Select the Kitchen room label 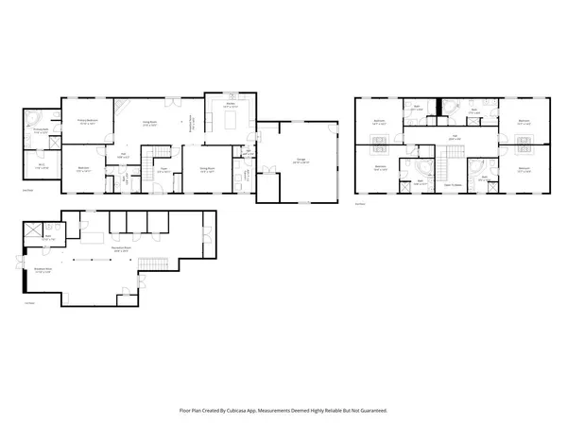229,107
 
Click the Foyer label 163,169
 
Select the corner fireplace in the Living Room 122,107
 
